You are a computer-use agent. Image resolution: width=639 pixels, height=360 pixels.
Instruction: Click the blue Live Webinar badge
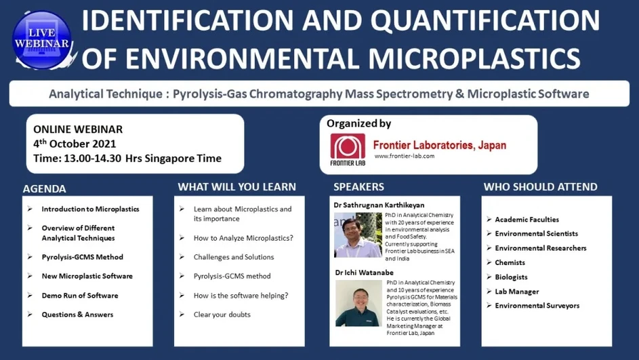point(41,40)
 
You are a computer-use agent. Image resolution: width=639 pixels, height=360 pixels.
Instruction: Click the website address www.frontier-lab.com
point(404,156)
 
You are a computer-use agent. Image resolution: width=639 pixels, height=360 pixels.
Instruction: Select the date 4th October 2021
point(75,144)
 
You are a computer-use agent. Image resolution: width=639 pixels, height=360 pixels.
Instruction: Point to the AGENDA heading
point(45,188)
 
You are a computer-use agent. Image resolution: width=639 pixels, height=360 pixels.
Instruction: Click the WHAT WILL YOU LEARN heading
point(236,186)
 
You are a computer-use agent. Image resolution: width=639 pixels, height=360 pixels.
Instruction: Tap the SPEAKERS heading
point(358,186)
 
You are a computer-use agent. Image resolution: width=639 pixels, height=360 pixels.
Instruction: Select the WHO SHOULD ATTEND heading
point(540,186)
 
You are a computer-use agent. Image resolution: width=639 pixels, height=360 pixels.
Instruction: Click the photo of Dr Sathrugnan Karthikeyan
point(358,235)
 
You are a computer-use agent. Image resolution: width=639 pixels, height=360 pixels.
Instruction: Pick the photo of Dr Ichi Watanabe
point(358,303)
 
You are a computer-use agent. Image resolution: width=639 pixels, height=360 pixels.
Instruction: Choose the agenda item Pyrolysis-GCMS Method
point(82,257)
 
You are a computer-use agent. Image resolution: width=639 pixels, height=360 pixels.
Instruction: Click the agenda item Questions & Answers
point(77,315)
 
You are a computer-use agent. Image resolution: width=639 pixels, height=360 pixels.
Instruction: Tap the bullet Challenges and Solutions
point(234,257)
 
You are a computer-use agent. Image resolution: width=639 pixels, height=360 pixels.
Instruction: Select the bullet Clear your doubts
point(222,315)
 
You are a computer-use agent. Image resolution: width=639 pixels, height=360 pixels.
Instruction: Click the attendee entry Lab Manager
point(516,292)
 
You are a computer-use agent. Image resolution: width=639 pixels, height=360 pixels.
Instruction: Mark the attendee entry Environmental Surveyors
point(537,306)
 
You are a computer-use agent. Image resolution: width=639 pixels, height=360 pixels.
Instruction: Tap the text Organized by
point(358,124)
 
